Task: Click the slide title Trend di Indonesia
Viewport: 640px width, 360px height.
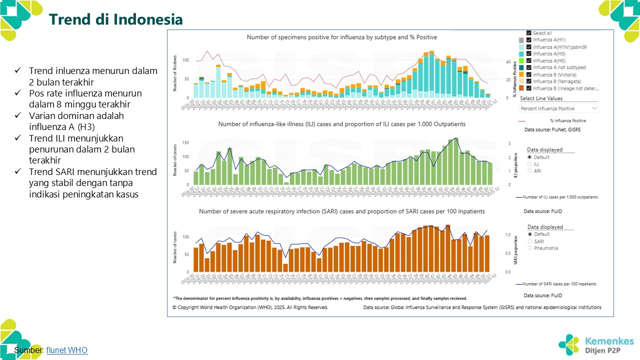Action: [x=115, y=19]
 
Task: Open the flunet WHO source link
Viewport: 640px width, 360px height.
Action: [x=66, y=350]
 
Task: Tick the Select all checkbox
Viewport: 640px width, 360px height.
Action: [x=529, y=33]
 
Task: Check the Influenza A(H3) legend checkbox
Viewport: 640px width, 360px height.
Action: [x=529, y=53]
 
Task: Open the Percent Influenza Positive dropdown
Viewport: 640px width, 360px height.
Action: [x=558, y=108]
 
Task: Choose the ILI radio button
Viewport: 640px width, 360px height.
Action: [x=530, y=164]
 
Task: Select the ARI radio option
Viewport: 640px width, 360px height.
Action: [x=530, y=171]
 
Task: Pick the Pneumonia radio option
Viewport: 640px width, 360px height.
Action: [x=530, y=248]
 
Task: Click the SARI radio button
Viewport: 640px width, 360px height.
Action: [x=530, y=241]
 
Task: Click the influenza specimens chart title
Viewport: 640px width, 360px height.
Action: [x=342, y=37]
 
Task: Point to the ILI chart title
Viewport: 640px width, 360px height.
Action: [x=341, y=124]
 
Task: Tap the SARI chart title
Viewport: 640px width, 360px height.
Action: [x=341, y=211]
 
